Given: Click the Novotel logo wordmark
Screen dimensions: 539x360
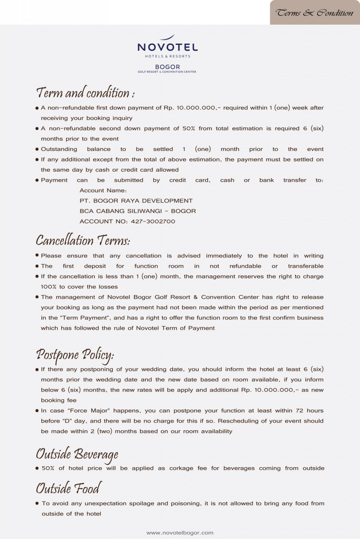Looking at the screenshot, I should pos(168,47).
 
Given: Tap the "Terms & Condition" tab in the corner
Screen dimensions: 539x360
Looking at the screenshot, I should pos(315,13).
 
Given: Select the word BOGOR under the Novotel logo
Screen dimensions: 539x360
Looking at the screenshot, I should pos(167,67).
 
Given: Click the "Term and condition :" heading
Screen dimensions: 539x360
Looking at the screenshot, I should pos(85,93).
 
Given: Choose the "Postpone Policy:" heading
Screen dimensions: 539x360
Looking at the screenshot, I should pos(75,355).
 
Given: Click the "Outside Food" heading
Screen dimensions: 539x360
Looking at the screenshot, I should pos(68,488).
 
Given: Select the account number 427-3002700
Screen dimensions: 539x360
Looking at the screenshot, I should pos(153,221).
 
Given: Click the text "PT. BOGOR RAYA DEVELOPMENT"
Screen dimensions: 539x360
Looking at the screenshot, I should pos(136,201).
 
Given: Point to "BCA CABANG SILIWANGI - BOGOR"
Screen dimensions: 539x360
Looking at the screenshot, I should pos(138,211).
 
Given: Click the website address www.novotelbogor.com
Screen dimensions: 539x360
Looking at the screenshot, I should pos(180,533).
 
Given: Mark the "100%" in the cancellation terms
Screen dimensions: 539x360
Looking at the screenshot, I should pos(48,287).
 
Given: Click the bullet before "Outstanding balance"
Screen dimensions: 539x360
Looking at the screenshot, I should pos(37,150).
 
